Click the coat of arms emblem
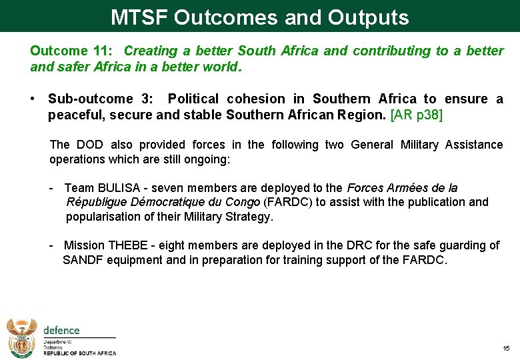coord(21,337)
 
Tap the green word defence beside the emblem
coord(61,330)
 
